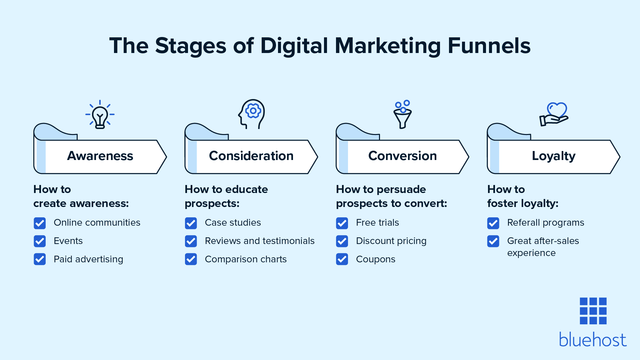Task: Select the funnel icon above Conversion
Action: [403, 115]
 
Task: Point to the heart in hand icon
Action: [554, 114]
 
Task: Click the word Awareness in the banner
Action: [100, 156]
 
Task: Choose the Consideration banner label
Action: [251, 156]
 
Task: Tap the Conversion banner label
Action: [402, 156]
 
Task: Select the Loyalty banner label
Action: [553, 156]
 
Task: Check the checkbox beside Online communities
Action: [40, 223]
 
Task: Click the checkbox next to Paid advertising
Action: [40, 259]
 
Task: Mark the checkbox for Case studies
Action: [191, 223]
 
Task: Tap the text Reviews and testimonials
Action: [259, 241]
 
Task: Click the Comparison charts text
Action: [246, 259]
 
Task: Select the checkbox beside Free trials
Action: [342, 223]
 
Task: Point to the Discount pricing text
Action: [391, 241]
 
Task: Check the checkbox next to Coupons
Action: [342, 259]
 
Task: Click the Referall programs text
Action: [545, 223]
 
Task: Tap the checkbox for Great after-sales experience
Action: [493, 241]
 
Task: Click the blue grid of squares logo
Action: [593, 311]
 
